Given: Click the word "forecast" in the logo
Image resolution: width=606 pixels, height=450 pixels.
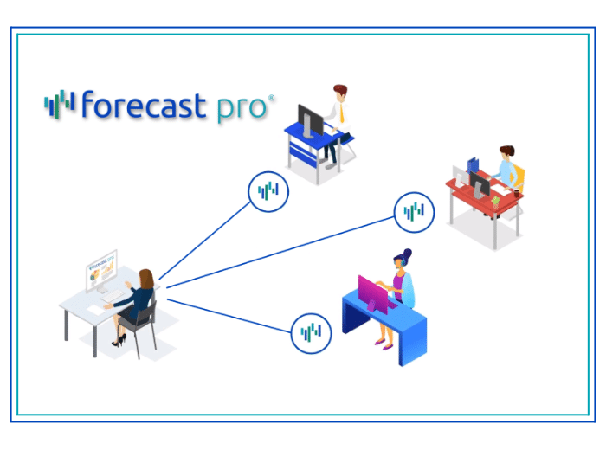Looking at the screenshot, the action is pyautogui.click(x=144, y=105).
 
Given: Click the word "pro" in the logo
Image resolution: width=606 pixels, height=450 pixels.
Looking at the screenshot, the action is pyautogui.click(x=242, y=108).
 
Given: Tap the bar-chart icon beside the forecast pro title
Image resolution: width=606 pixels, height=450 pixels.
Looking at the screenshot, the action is pyautogui.click(x=60, y=104).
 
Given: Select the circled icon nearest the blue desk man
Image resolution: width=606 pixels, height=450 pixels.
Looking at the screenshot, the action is pyautogui.click(x=268, y=191).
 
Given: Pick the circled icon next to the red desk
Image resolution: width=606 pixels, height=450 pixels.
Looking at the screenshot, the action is pyautogui.click(x=414, y=212).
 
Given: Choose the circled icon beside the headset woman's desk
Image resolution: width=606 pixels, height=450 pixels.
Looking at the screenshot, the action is pyautogui.click(x=311, y=333).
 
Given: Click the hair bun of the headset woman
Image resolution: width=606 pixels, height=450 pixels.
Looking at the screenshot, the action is pyautogui.click(x=407, y=254).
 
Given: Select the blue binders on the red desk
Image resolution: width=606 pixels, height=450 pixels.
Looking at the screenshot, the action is pyautogui.click(x=473, y=165).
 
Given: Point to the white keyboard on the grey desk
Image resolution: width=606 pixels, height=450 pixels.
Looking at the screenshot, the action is pyautogui.click(x=113, y=297).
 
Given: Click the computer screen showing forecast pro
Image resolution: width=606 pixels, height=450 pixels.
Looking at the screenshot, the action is pyautogui.click(x=101, y=270).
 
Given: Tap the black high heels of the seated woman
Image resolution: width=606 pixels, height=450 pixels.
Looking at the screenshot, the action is pyautogui.click(x=119, y=341).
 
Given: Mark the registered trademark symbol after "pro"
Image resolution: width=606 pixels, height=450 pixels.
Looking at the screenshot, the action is pyautogui.click(x=271, y=98).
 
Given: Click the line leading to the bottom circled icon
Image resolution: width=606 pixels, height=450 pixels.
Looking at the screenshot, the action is pyautogui.click(x=229, y=316).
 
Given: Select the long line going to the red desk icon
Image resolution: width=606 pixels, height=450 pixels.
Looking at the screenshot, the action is pyautogui.click(x=280, y=252).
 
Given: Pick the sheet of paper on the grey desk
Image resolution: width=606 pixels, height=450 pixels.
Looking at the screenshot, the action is pyautogui.click(x=94, y=310).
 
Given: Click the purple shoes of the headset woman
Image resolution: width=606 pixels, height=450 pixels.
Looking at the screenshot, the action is pyautogui.click(x=384, y=344).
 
